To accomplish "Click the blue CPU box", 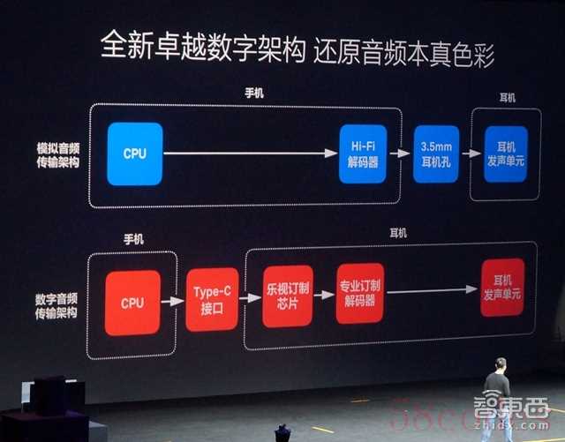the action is (x=135, y=154).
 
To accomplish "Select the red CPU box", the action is (x=132, y=303).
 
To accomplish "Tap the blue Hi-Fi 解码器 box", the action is (x=363, y=154).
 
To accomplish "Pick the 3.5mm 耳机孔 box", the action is (x=436, y=154).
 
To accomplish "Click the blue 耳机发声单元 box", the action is (x=506, y=154).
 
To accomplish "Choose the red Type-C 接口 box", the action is (x=212, y=299).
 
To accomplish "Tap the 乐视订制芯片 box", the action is (x=288, y=296).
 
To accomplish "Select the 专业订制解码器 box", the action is (x=359, y=293).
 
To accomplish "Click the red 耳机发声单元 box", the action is (x=502, y=287).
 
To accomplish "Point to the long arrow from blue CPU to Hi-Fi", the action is (x=251, y=154).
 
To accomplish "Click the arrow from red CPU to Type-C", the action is (x=173, y=301).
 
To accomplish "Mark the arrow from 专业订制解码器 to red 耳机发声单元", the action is (x=432, y=290).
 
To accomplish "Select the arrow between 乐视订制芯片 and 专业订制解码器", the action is (x=324, y=295).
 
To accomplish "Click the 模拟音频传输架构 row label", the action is (x=58, y=155).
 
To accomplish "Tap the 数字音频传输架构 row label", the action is (x=56, y=306).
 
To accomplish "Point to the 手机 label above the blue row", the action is (x=254, y=94).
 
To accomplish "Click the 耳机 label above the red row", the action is (x=398, y=233).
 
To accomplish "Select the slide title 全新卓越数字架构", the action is (x=203, y=46).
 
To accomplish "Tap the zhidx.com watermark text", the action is (x=512, y=426).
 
